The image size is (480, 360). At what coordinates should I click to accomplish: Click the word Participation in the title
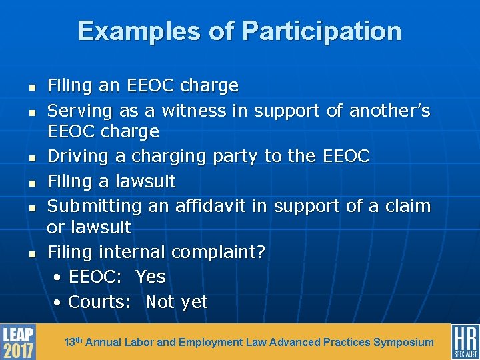point(322,31)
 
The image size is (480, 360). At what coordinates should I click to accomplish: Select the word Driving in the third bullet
point(75,156)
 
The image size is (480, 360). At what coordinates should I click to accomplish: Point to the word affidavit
point(210,206)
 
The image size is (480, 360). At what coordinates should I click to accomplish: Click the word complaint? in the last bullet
point(218,252)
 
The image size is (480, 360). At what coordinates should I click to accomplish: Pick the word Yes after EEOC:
point(150,277)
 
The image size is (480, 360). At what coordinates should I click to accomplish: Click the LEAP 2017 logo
point(18,341)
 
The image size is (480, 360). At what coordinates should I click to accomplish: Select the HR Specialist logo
point(465,341)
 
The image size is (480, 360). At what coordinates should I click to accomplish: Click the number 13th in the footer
point(73,342)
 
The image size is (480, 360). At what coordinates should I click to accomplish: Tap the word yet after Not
point(194,302)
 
